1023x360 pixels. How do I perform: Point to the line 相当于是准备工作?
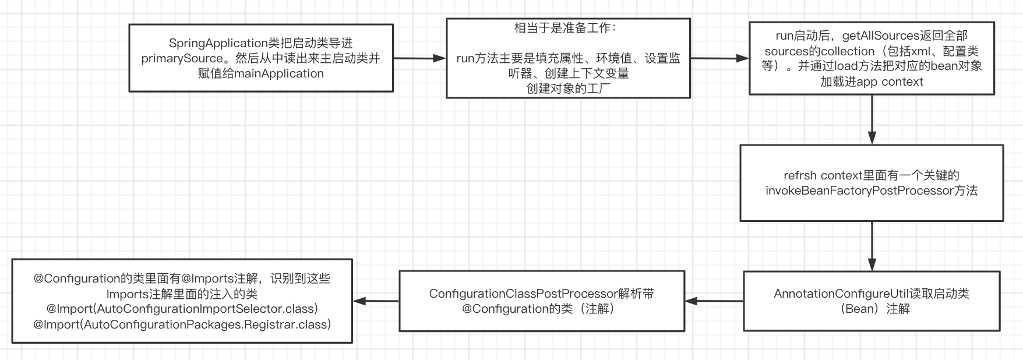[565, 28]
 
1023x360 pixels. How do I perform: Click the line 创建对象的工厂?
[568, 89]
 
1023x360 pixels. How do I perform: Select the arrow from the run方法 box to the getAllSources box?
[719, 58]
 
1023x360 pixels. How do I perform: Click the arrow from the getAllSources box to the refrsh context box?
[872, 119]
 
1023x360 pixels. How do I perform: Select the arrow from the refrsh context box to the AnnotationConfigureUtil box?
[872, 246]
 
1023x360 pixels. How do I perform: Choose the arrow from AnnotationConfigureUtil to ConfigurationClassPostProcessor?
[714, 301]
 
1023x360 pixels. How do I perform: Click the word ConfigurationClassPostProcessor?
[523, 294]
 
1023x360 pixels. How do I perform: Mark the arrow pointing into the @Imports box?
[376, 301]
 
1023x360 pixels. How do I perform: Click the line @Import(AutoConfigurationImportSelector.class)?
[182, 309]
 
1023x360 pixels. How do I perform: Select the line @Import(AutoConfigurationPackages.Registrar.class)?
[182, 324]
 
